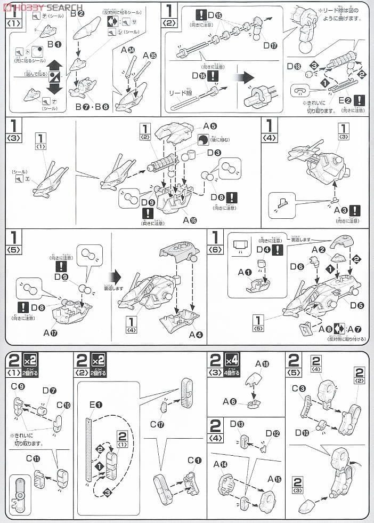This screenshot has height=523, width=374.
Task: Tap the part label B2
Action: click(x=78, y=14)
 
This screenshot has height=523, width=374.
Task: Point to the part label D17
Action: click(x=270, y=45)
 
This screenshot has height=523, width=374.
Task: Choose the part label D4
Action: click(x=262, y=249)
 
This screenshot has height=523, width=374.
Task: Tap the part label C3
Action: click(x=298, y=388)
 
